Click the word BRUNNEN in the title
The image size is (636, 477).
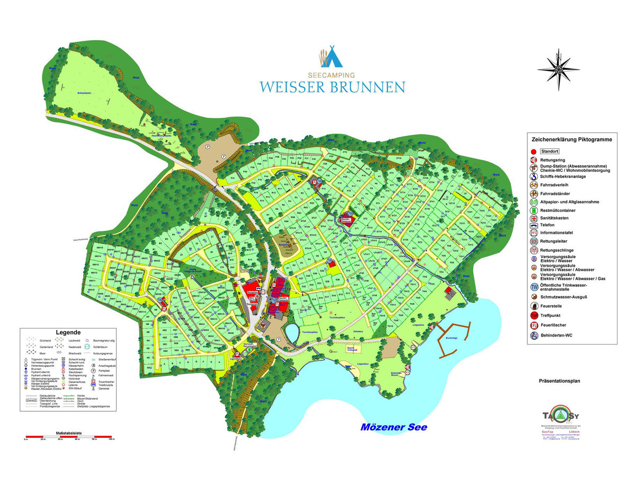point(363,87)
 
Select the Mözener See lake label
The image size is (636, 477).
point(393,427)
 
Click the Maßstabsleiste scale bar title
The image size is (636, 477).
point(68,433)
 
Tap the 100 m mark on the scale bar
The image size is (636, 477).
point(111,439)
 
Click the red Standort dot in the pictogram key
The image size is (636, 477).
point(534,151)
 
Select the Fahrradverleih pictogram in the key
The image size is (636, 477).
point(534,185)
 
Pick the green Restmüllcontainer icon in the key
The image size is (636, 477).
point(534,210)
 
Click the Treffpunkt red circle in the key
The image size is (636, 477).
point(534,315)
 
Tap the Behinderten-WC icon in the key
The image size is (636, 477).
point(534,335)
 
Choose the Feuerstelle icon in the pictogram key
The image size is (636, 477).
point(534,306)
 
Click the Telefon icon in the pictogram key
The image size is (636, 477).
point(534,225)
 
